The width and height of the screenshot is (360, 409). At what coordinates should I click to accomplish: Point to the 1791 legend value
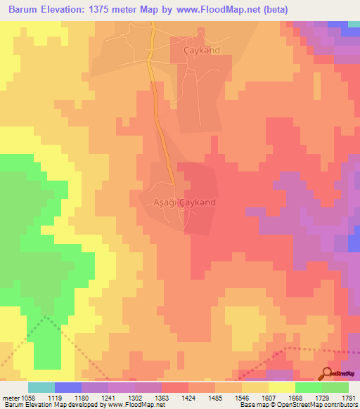click(x=349, y=398)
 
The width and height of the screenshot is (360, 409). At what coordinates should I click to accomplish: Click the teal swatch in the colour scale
click(x=41, y=387)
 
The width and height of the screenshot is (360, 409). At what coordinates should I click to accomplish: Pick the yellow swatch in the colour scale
click(x=281, y=387)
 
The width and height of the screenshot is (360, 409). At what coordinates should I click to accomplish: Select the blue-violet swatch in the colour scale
click(x=67, y=387)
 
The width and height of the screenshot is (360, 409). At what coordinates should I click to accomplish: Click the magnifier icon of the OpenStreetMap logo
click(x=327, y=373)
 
